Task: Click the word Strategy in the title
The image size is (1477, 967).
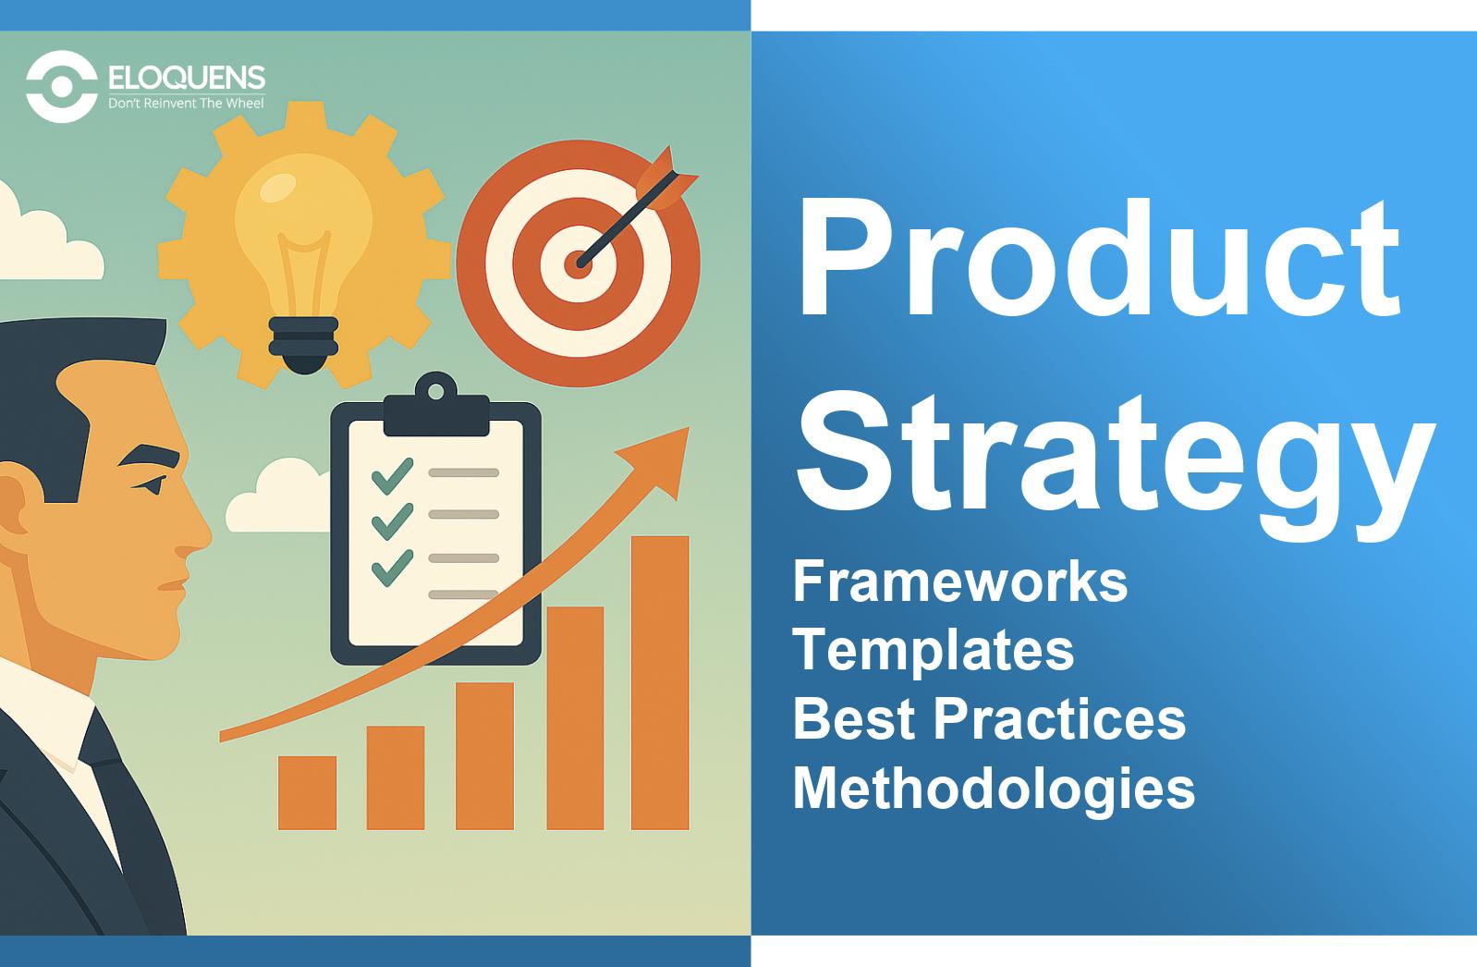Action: coord(1117,466)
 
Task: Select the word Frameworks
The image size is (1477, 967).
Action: coord(960,581)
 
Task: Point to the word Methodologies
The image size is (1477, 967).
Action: coord(994,789)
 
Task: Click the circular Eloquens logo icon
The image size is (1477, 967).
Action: coord(62,86)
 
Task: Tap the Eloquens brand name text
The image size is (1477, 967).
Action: coord(187,77)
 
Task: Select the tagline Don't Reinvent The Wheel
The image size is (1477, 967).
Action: coord(186,103)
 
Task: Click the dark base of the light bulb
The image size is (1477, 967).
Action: coord(304,344)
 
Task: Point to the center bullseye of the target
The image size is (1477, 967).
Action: coord(578,263)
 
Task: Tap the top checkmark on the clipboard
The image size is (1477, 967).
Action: coord(392,475)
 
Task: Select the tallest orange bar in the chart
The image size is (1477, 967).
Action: coord(660,682)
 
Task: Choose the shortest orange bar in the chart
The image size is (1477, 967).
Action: coord(307,792)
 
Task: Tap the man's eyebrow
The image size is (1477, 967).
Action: coord(149,456)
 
